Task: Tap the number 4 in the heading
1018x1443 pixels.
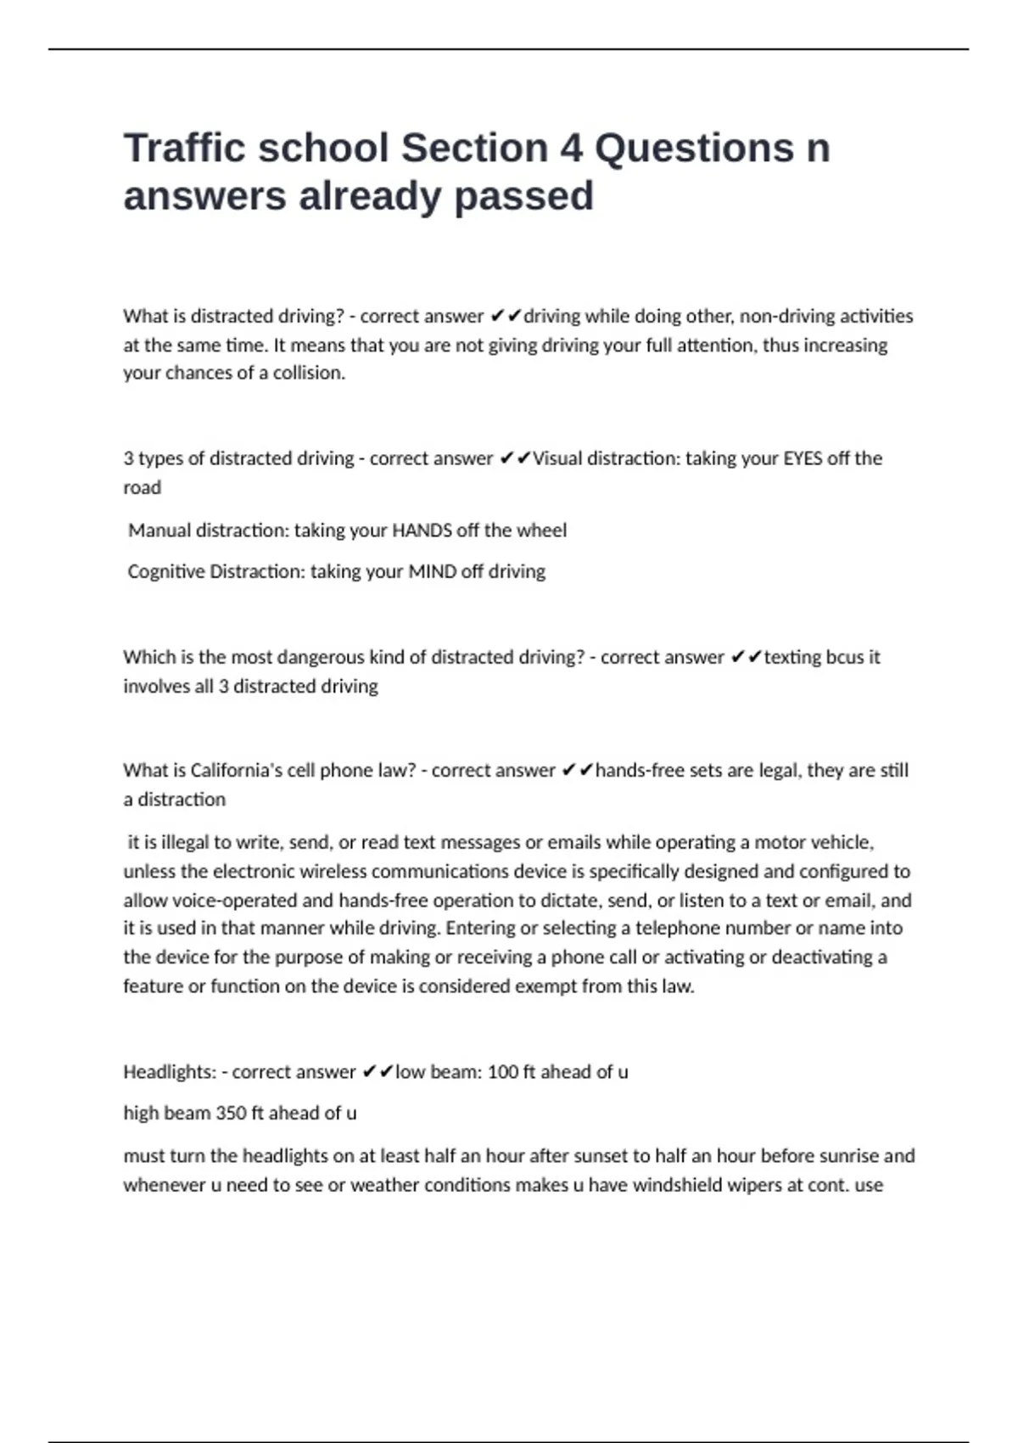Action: click(570, 148)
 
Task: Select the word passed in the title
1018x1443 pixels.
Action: click(523, 196)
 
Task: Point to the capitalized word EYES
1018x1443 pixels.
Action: click(802, 458)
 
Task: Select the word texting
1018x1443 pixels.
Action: click(792, 657)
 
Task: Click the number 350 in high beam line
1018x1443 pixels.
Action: click(231, 1113)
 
